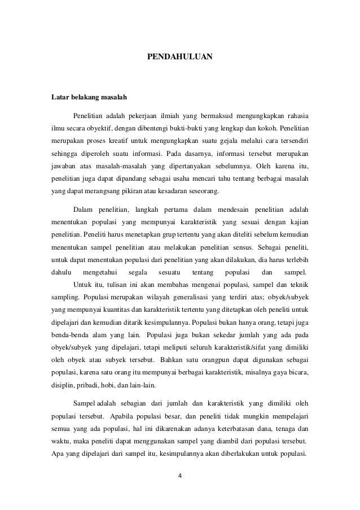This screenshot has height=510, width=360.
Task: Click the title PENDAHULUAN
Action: pyautogui.click(x=180, y=57)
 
